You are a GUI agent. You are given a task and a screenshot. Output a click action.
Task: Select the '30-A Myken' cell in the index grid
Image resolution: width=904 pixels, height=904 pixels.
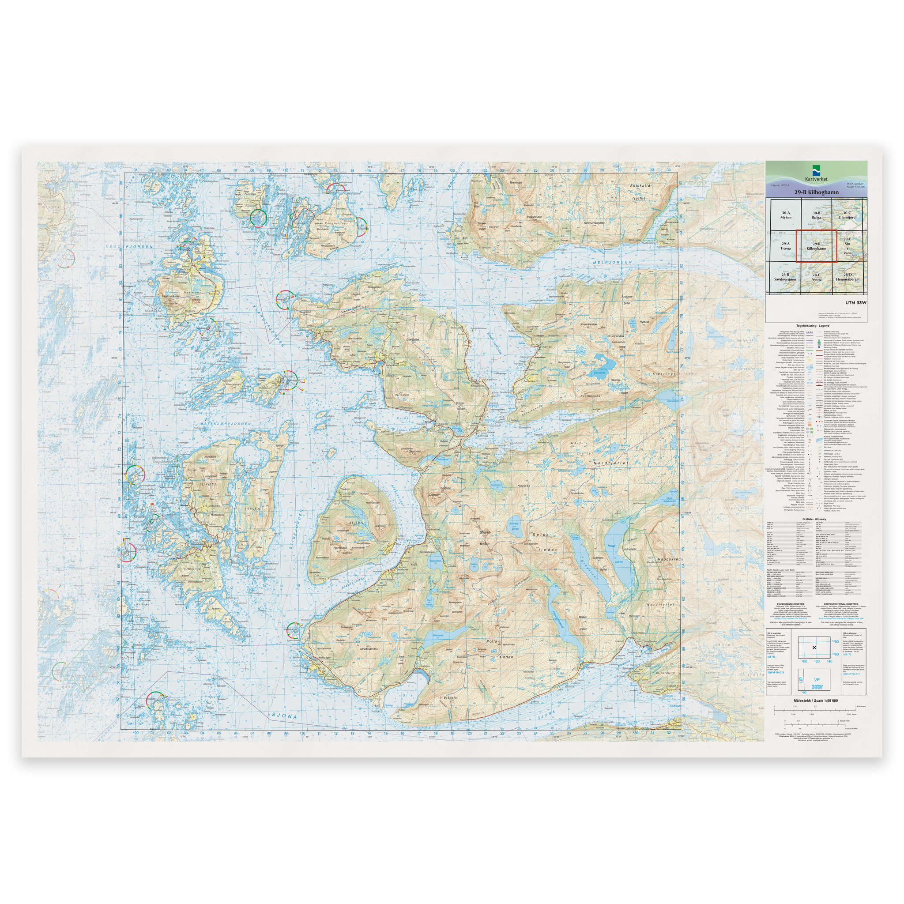[x=786, y=215]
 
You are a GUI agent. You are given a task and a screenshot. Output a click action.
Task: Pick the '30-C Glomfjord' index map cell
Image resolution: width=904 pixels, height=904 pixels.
[x=847, y=215]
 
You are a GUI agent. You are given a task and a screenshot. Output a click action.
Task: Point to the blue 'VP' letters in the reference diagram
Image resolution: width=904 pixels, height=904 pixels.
[x=817, y=679]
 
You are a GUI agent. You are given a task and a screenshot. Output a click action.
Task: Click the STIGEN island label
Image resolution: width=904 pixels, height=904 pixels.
[x=252, y=508]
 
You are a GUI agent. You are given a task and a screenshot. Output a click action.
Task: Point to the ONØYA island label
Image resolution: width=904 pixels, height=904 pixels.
[x=192, y=569]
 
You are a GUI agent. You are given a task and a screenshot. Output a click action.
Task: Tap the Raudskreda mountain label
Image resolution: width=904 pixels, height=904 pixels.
[x=657, y=559]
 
